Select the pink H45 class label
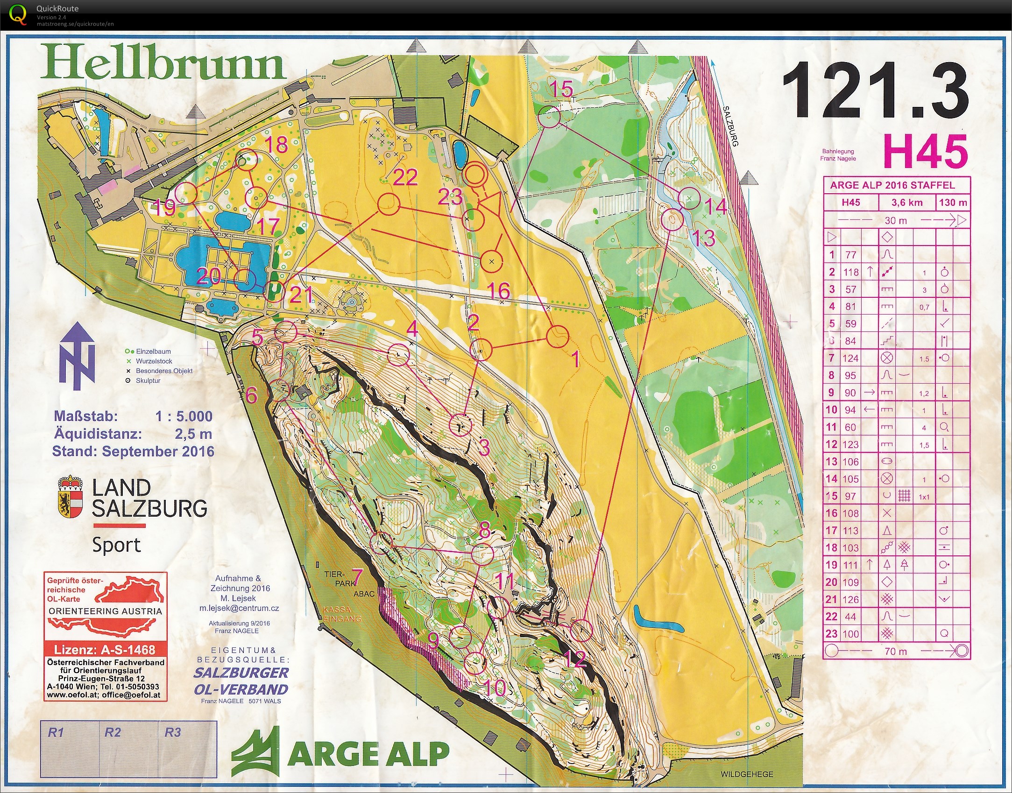pyautogui.click(x=925, y=152)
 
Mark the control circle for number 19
pyautogui.click(x=186, y=193)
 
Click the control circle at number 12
pyautogui.click(x=581, y=631)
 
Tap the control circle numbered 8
pyautogui.click(x=482, y=554)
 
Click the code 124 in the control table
pyautogui.click(x=850, y=358)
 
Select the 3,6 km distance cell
pyautogui.click(x=906, y=203)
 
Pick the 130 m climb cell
pyautogui.click(x=953, y=203)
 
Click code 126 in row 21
pyautogui.click(x=850, y=600)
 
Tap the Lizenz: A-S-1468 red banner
pyautogui.click(x=105, y=649)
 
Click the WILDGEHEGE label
pyautogui.click(x=747, y=774)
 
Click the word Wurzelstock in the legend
pyautogui.click(x=154, y=361)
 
